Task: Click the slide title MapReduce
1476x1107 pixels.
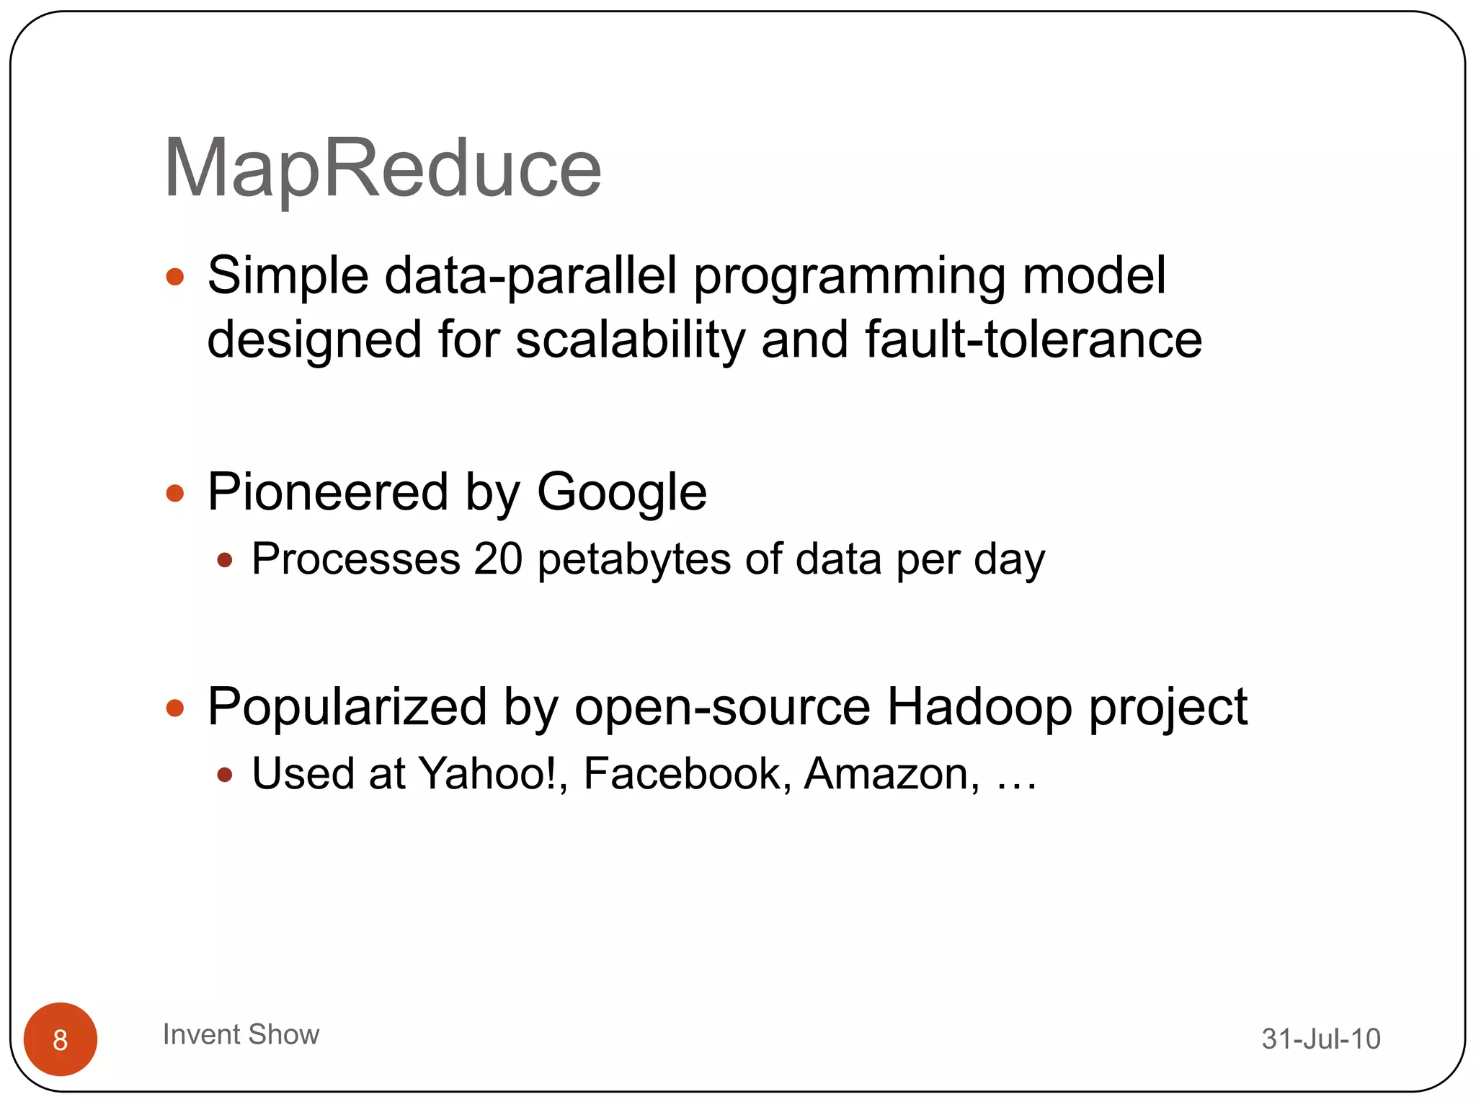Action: click(382, 169)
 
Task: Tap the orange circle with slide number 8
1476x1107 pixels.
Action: click(61, 1039)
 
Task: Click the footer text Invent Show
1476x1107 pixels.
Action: click(241, 1034)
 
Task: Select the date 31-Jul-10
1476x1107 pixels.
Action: click(1320, 1039)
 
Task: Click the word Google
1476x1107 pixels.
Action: click(621, 493)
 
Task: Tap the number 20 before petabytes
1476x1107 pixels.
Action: click(498, 559)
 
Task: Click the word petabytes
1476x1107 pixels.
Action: click(634, 560)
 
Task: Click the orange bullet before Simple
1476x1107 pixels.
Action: click(175, 277)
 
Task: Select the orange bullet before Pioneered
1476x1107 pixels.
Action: click(175, 494)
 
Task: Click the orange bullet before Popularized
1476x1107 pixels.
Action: click(175, 708)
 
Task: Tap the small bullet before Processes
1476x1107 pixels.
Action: click(225, 560)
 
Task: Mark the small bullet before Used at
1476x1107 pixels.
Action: click(225, 775)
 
